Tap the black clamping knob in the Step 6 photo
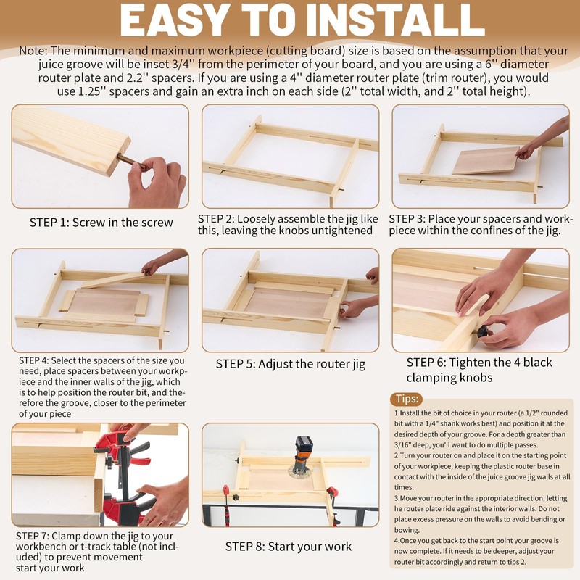[x=482, y=331]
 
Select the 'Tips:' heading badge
[x=407, y=399]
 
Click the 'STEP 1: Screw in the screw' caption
[x=101, y=223]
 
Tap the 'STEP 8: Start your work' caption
[x=289, y=547]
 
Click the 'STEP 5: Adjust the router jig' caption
[x=291, y=364]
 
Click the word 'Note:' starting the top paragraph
[x=33, y=50]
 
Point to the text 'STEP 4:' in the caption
[x=33, y=360]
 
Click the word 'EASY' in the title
[x=173, y=20]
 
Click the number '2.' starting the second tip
[x=397, y=456]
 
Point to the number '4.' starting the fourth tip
[x=397, y=541]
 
